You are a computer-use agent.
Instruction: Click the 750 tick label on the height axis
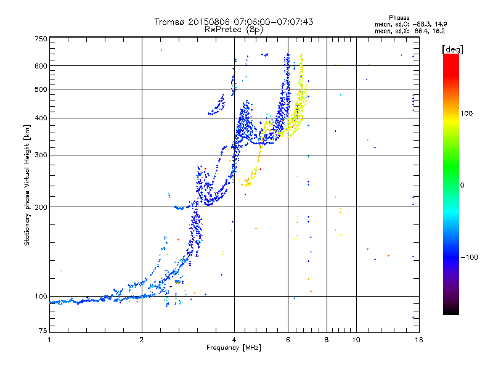click(41, 39)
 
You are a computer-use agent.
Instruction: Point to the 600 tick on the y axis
click(41, 66)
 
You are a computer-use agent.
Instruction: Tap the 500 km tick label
click(41, 89)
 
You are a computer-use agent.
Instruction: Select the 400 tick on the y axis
click(41, 118)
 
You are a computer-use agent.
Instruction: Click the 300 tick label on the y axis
click(41, 155)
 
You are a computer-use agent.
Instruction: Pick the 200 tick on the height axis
click(41, 207)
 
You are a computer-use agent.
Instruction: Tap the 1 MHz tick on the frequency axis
click(49, 340)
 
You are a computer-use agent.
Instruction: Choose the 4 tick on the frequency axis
click(234, 340)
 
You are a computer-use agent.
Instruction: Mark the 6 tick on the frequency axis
click(288, 340)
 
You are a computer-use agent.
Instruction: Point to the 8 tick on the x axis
click(327, 340)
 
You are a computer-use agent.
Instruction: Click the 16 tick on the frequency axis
click(417, 340)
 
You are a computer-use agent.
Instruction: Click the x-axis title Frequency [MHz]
click(234, 348)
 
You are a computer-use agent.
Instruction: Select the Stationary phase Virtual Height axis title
click(27, 186)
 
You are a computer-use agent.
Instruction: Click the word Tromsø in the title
click(169, 22)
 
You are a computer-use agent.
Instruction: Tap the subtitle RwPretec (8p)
click(234, 29)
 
